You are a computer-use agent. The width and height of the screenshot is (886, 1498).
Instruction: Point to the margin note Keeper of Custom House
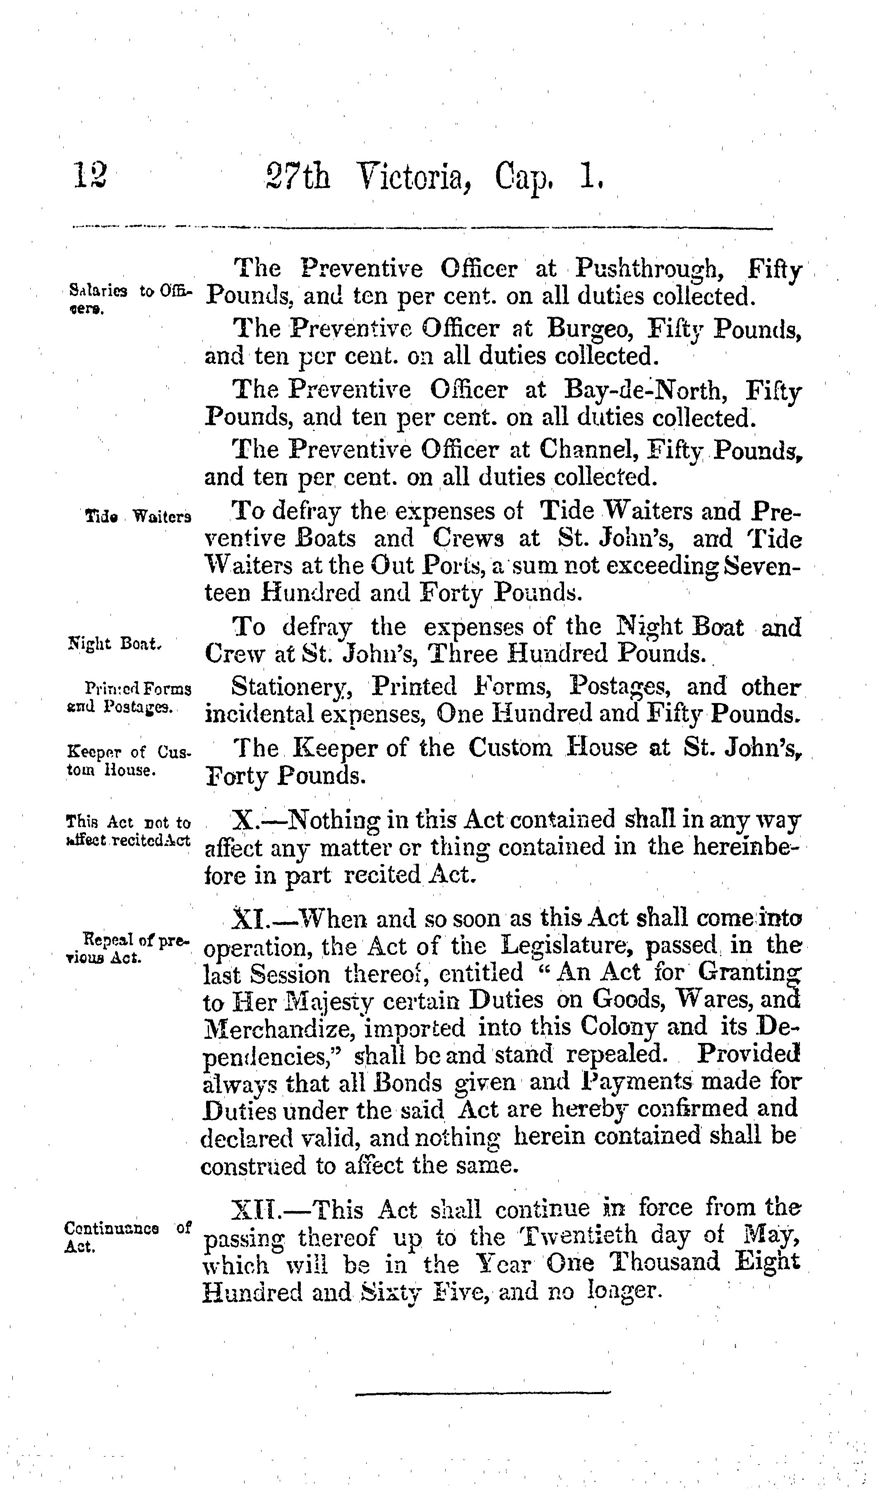(128, 760)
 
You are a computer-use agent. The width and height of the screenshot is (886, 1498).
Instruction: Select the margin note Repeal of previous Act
(128, 949)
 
